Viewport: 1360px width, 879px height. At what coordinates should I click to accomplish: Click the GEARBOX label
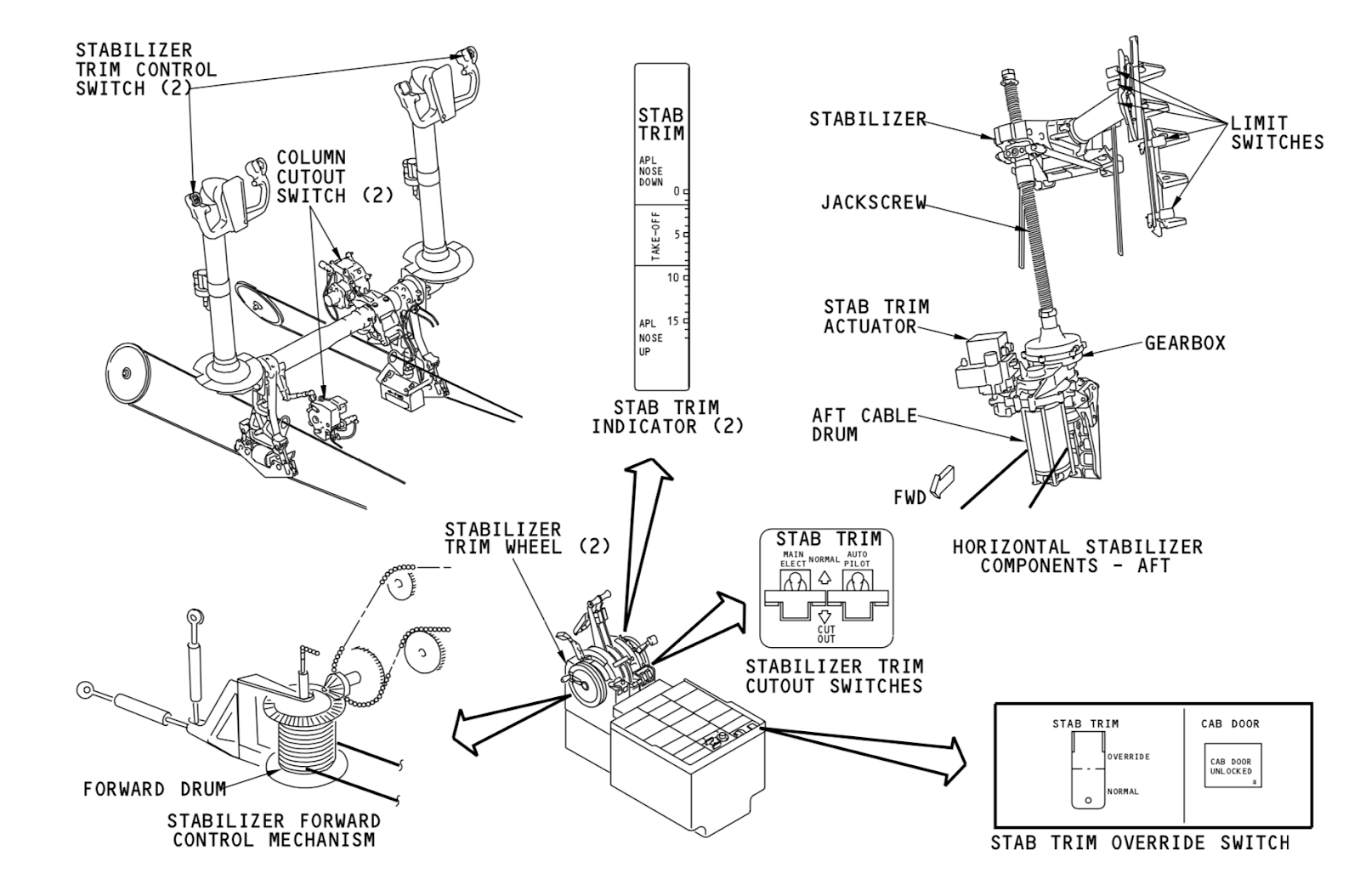pyautogui.click(x=1185, y=343)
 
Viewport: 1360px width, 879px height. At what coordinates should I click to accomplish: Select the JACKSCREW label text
pyautogui.click(x=873, y=203)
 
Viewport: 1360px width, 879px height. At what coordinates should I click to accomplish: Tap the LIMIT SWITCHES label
pyautogui.click(x=1277, y=133)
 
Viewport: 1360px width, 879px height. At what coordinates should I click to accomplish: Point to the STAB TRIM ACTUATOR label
pyautogui.click(x=875, y=316)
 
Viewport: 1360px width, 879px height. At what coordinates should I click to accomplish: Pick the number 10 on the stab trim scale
pyautogui.click(x=672, y=277)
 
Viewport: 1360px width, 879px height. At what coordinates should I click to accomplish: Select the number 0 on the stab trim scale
pyautogui.click(x=677, y=191)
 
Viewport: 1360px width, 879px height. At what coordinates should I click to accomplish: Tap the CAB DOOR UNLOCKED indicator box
pyautogui.click(x=1231, y=766)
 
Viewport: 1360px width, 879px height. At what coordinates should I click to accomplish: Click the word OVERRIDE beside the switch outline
pyautogui.click(x=1129, y=757)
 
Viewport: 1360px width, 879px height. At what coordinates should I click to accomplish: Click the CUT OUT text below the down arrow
pyautogui.click(x=826, y=633)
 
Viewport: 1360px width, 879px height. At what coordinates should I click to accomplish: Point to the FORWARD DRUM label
pyautogui.click(x=154, y=789)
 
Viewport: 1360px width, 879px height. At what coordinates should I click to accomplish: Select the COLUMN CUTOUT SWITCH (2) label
pyautogui.click(x=335, y=177)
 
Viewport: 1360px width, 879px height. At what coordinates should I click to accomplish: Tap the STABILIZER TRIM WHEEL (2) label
pyautogui.click(x=527, y=538)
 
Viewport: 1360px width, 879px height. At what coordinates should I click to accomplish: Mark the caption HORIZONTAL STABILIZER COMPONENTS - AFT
pyautogui.click(x=1077, y=556)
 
